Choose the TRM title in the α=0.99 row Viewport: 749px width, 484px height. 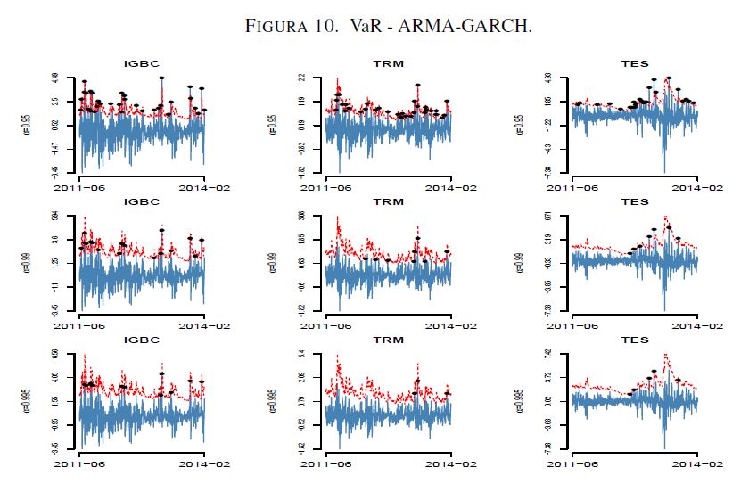[x=388, y=202]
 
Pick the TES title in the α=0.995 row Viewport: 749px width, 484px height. [x=634, y=340]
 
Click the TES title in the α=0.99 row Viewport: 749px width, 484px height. [x=634, y=202]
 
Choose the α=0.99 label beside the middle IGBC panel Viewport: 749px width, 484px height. [x=28, y=261]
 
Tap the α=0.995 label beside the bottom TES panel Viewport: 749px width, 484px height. [x=521, y=399]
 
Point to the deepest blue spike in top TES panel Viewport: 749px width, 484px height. [x=663, y=171]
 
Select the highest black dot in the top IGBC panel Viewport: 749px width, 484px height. [x=161, y=78]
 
